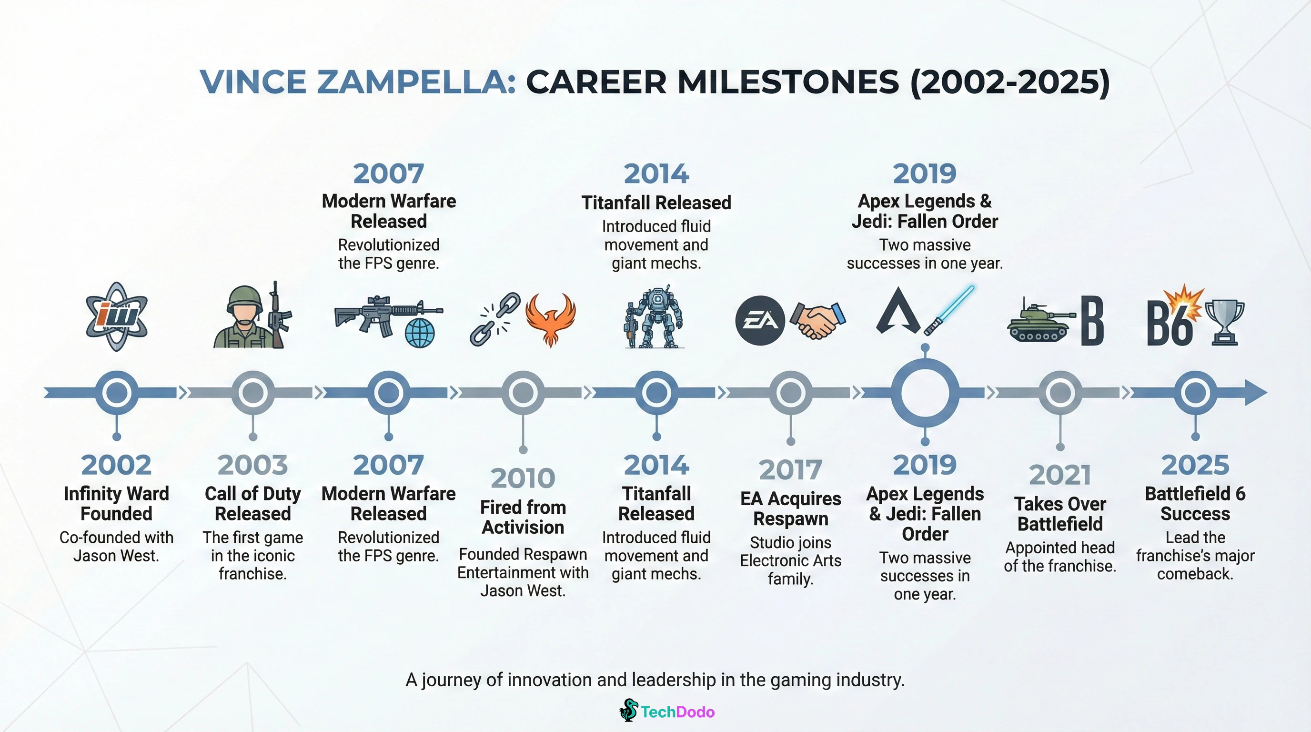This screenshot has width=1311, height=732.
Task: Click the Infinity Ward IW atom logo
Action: click(117, 316)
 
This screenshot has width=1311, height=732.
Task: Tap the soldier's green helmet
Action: click(245, 299)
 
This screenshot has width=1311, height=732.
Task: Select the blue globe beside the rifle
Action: click(420, 333)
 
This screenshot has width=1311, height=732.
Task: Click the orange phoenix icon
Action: click(550, 318)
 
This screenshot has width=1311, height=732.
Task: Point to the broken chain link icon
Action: click(494, 319)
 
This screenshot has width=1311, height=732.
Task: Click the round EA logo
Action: click(760, 321)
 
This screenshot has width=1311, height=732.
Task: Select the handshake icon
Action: click(818, 320)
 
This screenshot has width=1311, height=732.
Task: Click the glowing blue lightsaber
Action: click(948, 311)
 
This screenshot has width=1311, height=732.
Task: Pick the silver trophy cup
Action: click(1224, 321)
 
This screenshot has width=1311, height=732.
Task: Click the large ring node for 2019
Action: click(925, 393)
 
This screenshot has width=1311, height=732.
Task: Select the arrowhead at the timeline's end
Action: click(1256, 393)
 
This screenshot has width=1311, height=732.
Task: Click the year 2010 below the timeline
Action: click(523, 478)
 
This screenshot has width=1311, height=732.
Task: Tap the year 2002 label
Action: click(116, 465)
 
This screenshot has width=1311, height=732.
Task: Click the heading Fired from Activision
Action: click(523, 517)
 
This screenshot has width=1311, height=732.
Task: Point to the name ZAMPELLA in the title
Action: click(416, 81)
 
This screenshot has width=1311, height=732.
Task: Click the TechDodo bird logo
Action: click(629, 710)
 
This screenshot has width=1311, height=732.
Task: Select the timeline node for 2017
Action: click(790, 393)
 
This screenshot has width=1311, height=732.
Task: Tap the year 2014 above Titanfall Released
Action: click(656, 173)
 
